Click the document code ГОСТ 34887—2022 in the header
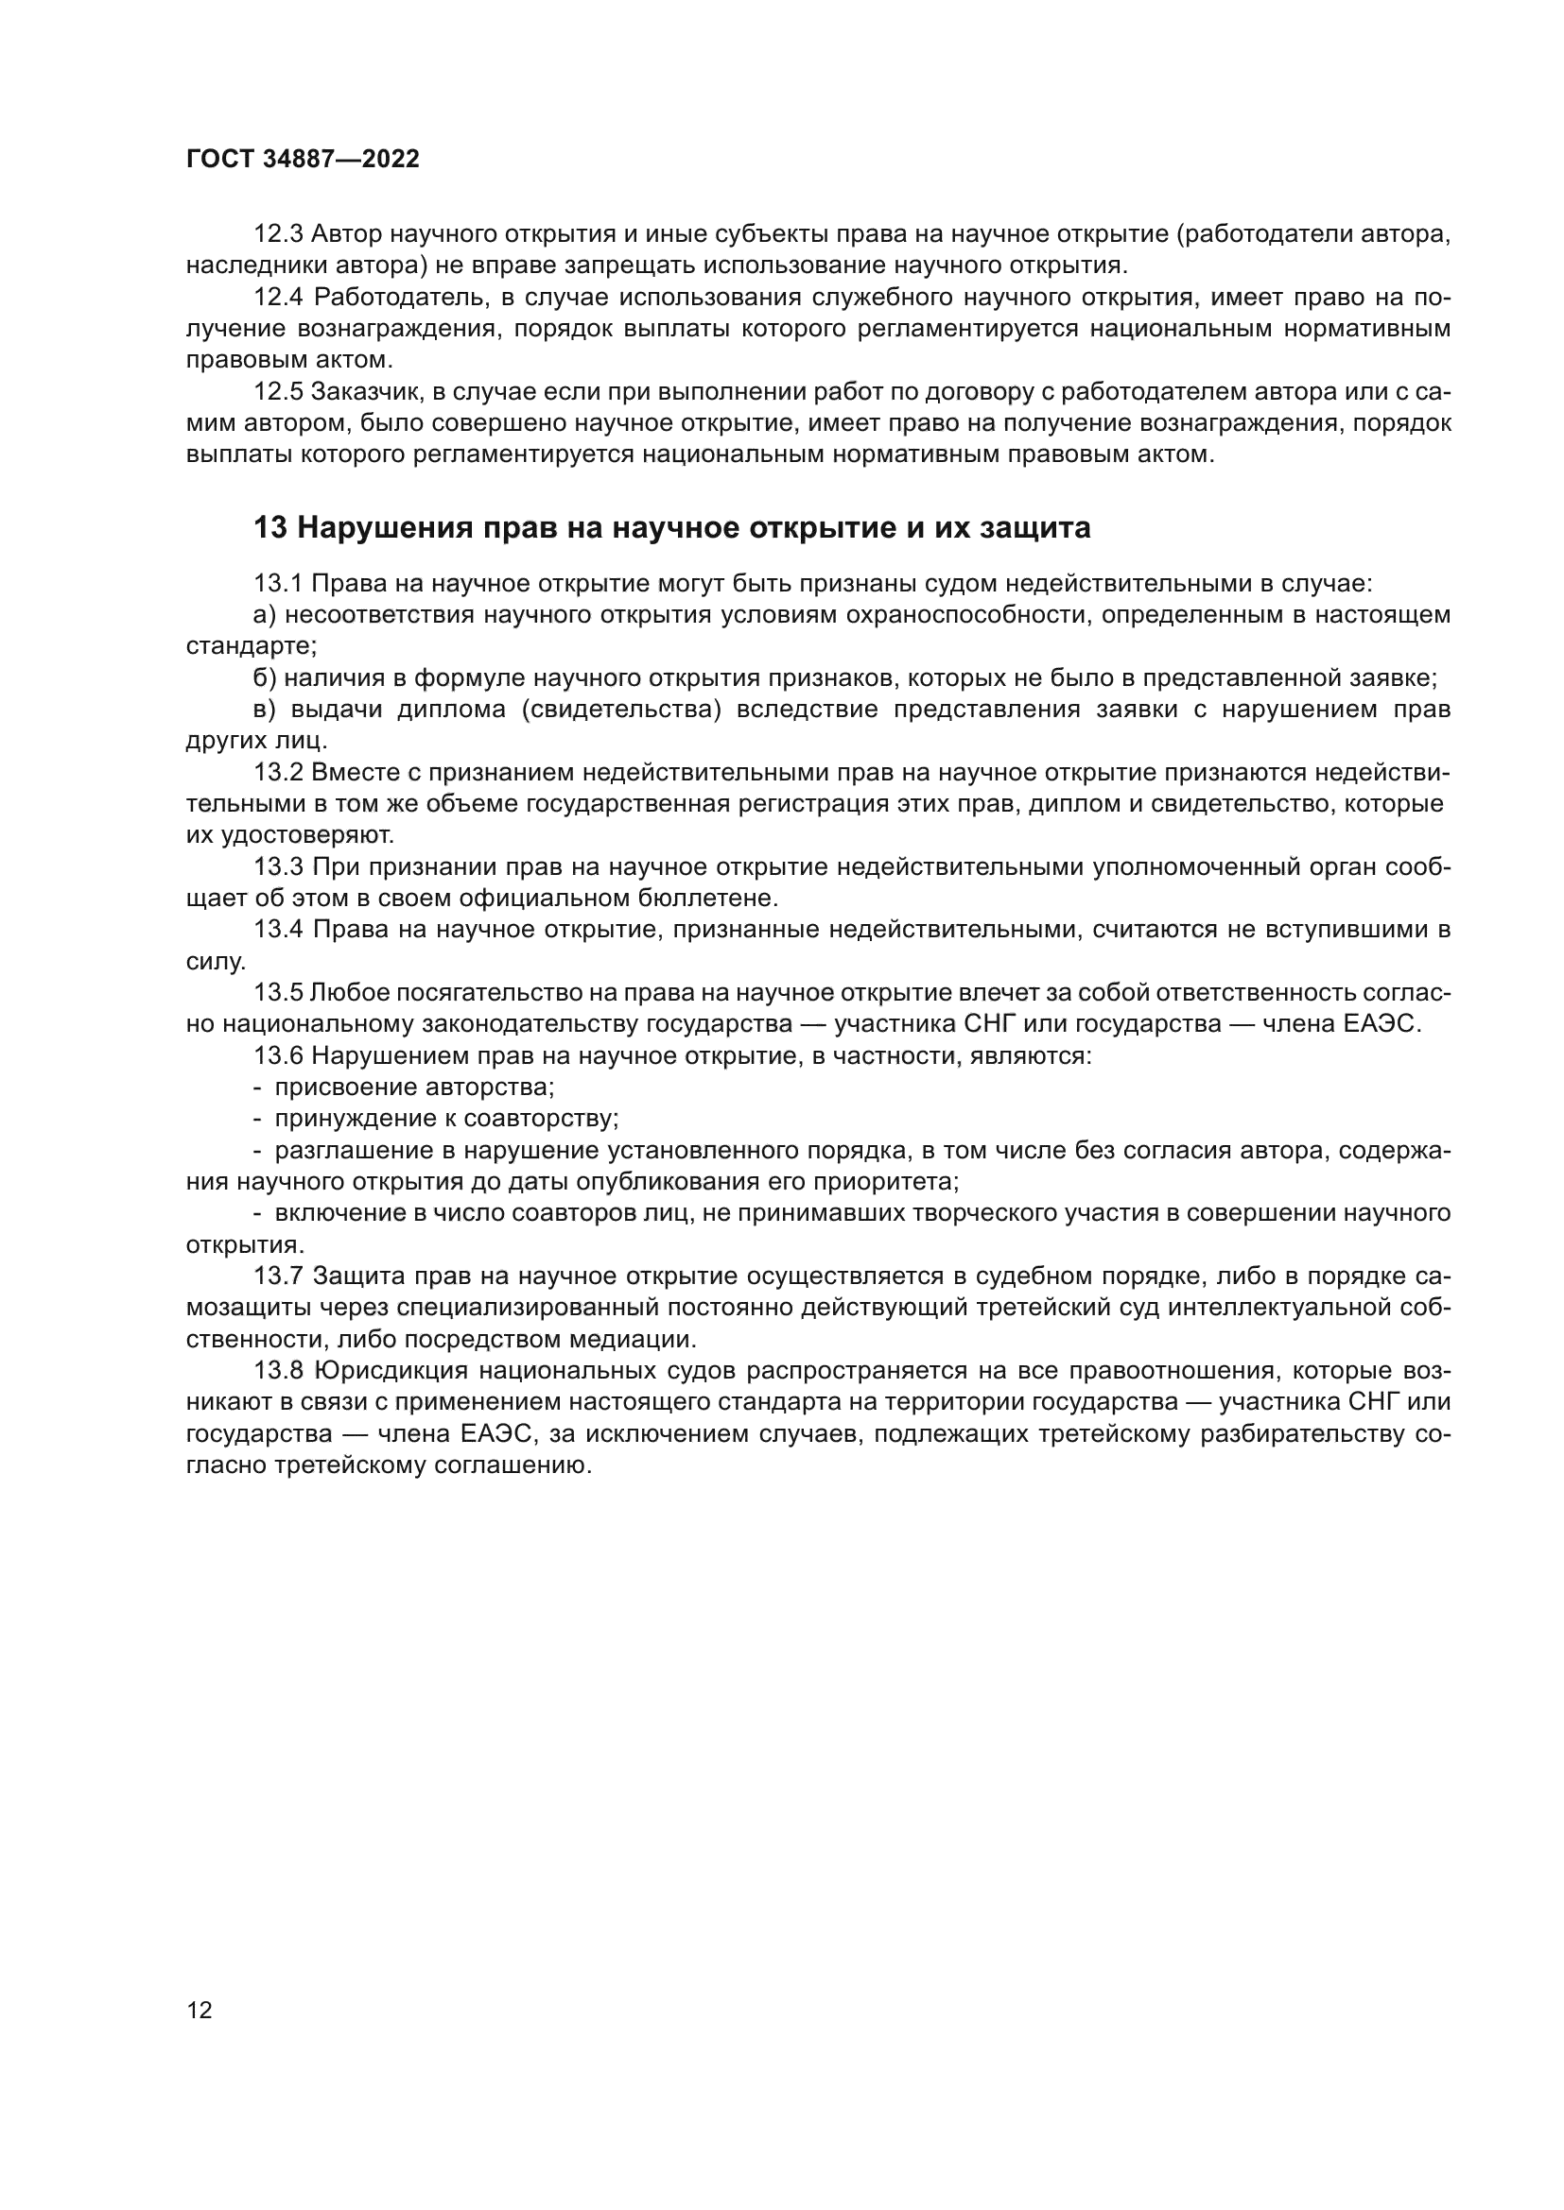(303, 160)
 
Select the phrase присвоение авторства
(415, 1088)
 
